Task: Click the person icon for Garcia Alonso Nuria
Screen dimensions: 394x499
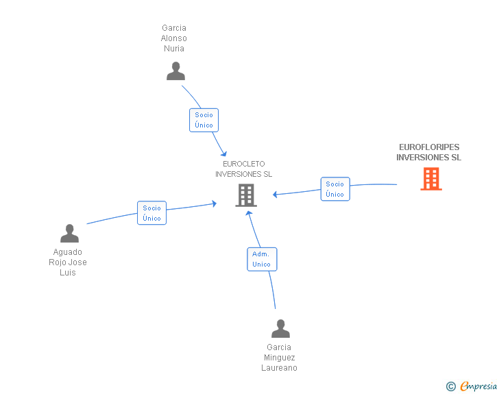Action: click(x=175, y=71)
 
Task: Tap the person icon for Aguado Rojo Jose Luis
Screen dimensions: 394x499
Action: click(x=69, y=234)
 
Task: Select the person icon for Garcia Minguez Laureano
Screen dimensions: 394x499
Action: click(x=280, y=329)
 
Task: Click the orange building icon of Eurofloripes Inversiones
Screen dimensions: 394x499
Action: click(x=430, y=179)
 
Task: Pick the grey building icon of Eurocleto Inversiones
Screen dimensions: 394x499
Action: click(x=245, y=195)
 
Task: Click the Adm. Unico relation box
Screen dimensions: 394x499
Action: click(x=262, y=259)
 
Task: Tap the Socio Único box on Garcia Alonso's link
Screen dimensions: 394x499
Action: click(x=204, y=120)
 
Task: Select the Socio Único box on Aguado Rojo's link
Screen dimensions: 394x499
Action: click(x=152, y=213)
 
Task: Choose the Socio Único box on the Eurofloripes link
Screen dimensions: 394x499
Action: click(x=335, y=189)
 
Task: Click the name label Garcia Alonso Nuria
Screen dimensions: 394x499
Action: click(x=174, y=38)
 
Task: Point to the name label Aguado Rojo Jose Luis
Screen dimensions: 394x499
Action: click(x=68, y=262)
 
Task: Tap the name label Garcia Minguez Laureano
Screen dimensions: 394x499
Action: click(x=279, y=358)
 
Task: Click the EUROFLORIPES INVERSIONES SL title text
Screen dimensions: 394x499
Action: click(x=429, y=152)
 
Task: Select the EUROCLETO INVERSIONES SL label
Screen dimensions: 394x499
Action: click(x=244, y=169)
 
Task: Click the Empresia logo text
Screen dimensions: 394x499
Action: click(x=478, y=386)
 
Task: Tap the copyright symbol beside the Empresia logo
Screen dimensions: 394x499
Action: click(x=451, y=386)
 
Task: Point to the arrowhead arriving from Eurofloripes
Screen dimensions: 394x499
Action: click(x=276, y=195)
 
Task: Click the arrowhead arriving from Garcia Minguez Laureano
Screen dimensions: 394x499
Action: click(x=249, y=213)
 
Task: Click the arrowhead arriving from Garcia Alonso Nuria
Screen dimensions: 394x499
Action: click(x=223, y=153)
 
